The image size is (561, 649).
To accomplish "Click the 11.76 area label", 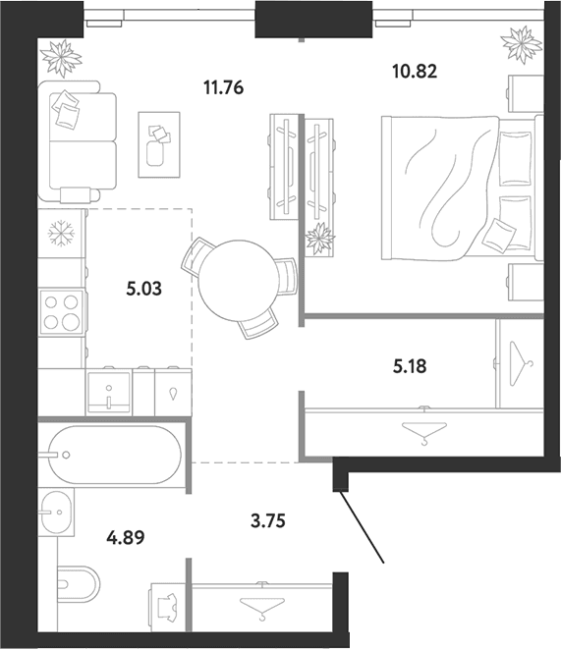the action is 224,88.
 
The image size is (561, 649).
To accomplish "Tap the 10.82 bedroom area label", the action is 415,72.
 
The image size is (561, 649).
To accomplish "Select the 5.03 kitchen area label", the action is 144,289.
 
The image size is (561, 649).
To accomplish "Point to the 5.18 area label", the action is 410,366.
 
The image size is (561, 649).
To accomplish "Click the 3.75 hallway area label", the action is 268,520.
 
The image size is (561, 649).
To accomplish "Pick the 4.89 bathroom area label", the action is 126,538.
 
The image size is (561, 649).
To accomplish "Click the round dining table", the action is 237,281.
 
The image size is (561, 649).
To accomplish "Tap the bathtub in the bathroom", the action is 115,455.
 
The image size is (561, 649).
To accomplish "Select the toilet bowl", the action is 77,584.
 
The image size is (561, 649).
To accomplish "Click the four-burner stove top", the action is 61,311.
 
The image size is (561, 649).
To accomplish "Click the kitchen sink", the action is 109,393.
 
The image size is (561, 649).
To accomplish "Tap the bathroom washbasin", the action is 56,512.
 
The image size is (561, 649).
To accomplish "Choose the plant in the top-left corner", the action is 61,58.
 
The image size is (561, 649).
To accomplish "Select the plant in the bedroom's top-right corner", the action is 522,45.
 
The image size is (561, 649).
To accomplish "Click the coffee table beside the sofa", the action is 159,145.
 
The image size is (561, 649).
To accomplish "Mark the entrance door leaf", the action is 360,526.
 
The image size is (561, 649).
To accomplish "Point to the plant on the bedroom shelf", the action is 319,239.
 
